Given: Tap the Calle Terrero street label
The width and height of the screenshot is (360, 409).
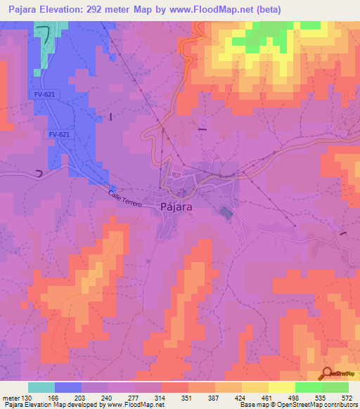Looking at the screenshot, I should [x=125, y=199].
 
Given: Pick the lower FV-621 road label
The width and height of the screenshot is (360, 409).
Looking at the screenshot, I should [x=59, y=134].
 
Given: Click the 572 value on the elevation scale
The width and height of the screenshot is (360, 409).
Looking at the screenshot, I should [x=347, y=397].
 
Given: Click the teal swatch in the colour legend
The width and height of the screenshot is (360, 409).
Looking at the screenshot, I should [x=41, y=387].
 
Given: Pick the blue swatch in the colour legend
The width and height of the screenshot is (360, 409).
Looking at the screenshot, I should [x=68, y=387].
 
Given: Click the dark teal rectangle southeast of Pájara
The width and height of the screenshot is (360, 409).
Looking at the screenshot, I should [x=224, y=212].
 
